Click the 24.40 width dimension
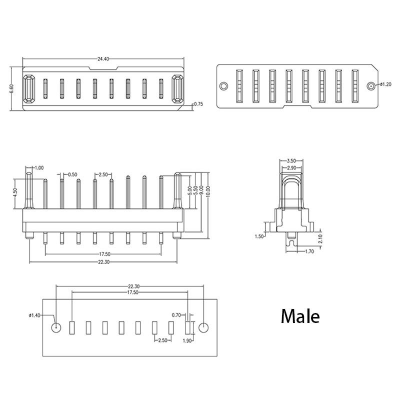click(103, 59)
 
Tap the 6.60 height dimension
click(11, 89)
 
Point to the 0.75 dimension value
click(198, 104)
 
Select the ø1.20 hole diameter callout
click(385, 84)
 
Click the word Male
click(300, 316)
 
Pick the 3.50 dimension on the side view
click(291, 160)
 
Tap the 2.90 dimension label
click(291, 168)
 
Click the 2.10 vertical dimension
click(320, 239)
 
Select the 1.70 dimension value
click(309, 251)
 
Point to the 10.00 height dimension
click(208, 191)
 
